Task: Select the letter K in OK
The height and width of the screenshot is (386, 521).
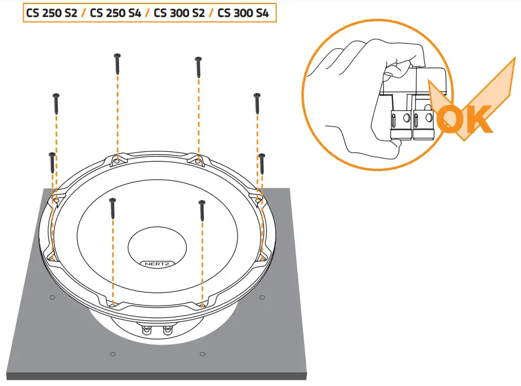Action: coord(480,118)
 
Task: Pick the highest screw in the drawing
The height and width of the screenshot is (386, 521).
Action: coord(117,63)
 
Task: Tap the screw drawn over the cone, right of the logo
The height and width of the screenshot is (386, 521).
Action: coord(202,210)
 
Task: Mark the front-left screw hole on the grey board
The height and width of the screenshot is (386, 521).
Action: coord(112,354)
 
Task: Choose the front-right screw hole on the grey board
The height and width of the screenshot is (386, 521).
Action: coord(202,354)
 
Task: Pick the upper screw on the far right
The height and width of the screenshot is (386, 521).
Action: coord(257,103)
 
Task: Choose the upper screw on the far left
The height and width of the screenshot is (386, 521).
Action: coord(55,102)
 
